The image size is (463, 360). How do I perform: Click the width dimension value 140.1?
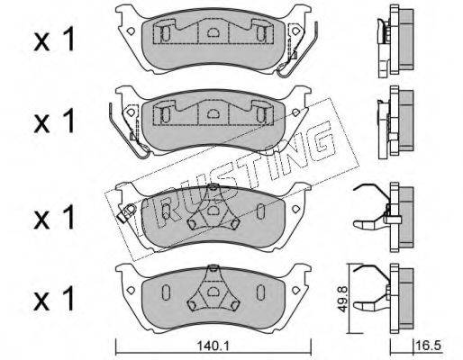(x=213, y=346)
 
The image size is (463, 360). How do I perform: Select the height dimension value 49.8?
(x=342, y=299)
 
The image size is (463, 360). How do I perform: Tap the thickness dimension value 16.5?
(x=429, y=346)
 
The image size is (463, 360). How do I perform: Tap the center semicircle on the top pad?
(x=213, y=31)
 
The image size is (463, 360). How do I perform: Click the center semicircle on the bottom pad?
(x=213, y=291)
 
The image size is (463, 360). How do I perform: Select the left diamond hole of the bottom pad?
(x=131, y=290)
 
